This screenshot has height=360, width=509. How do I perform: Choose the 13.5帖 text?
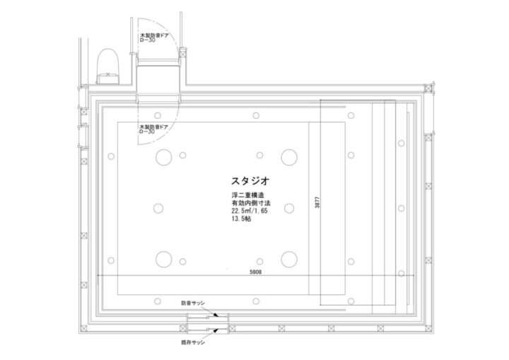point(240,220)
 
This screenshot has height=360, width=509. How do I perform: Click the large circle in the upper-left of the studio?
point(163,156)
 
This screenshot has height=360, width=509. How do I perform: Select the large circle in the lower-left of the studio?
point(163,260)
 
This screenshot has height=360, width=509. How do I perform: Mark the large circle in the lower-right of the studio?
point(288,260)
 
